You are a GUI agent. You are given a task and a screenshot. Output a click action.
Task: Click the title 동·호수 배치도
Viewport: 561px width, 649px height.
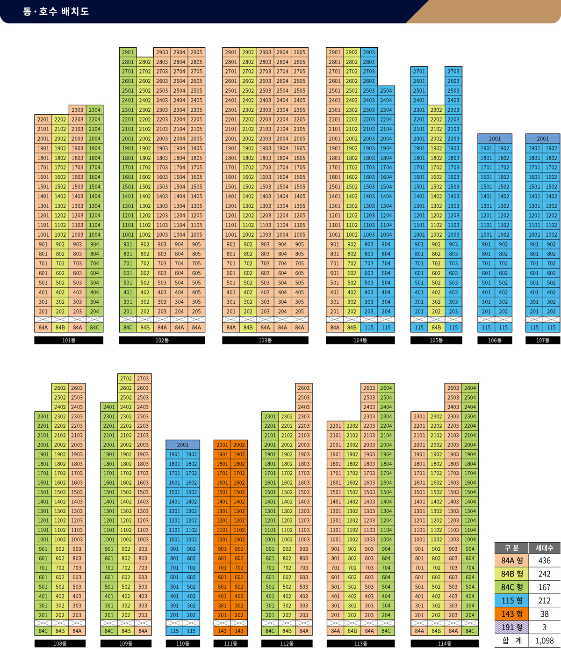(56, 11)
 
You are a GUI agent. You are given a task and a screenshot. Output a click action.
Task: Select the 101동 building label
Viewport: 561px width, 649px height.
(69, 340)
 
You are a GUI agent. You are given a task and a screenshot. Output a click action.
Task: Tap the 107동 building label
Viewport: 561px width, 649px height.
(543, 340)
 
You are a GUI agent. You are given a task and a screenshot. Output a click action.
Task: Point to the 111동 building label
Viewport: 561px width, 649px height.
(230, 643)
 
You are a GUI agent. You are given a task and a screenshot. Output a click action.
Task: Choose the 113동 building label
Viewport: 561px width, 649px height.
(360, 643)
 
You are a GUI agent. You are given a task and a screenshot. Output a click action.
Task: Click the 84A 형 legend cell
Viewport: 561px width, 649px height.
(511, 561)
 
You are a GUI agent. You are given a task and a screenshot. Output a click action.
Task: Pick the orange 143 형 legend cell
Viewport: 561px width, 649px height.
(511, 614)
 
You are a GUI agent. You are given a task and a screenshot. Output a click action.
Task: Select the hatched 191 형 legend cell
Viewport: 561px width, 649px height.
(511, 627)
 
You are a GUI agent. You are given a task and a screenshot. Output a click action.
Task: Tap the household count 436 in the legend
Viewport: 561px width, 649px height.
(544, 561)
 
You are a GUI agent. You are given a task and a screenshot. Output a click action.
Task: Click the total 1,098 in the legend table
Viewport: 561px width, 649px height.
(544, 641)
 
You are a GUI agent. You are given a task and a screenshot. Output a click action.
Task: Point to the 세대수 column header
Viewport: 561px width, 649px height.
(544, 548)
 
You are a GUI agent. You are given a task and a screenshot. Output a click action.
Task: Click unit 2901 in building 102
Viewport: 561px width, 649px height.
(128, 52)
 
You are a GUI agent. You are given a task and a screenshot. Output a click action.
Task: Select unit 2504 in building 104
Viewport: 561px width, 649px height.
(386, 91)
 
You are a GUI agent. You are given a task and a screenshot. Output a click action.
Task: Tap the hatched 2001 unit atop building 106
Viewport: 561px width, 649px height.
(495, 139)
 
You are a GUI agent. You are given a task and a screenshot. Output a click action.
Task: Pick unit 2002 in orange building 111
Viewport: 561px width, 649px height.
(239, 445)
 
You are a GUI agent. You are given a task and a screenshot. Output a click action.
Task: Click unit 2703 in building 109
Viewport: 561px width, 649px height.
(143, 379)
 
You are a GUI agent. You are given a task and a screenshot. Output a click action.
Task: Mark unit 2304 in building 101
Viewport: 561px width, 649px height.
(94, 110)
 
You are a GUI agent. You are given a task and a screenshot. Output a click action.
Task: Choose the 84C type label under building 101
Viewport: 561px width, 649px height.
(94, 328)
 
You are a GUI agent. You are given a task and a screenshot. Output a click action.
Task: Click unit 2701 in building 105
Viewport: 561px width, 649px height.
(419, 72)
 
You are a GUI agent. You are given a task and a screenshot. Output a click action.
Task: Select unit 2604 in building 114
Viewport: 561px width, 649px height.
(470, 388)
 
